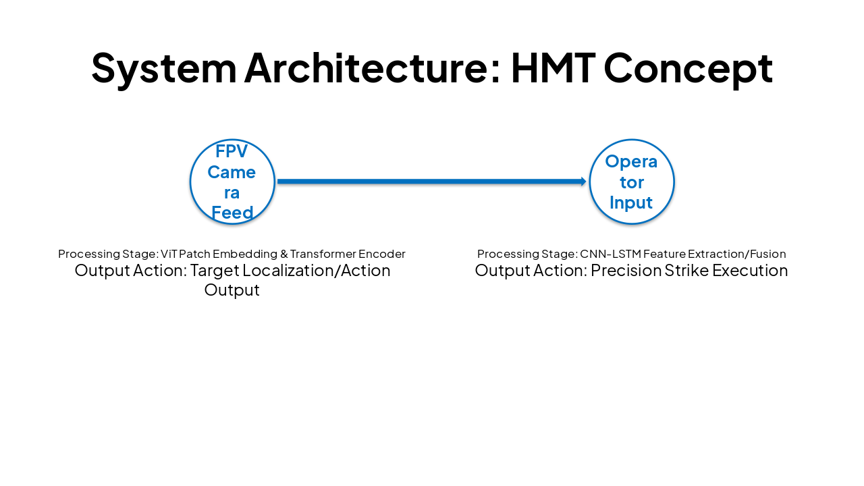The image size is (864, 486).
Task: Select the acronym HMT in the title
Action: (553, 67)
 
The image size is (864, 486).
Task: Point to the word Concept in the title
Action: (688, 67)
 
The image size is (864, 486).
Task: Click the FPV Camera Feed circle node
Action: (232, 182)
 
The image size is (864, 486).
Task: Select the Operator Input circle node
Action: (631, 182)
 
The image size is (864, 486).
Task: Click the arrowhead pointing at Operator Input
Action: (583, 182)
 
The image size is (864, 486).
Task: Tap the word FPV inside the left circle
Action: (232, 151)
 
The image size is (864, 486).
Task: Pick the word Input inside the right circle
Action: (631, 202)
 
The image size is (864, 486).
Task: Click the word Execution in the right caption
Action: (754, 271)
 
